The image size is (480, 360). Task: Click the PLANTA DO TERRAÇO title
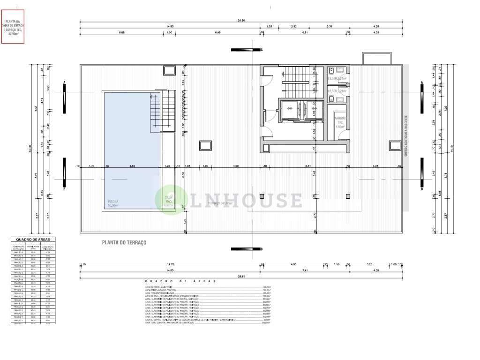pyautogui.click(x=124, y=242)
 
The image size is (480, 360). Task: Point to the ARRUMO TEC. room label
pyautogui.click(x=340, y=122)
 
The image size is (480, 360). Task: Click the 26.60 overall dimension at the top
pyautogui.click(x=241, y=21)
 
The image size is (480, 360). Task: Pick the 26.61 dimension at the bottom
pyautogui.click(x=241, y=276)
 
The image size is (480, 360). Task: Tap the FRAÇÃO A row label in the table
pyautogui.click(x=18, y=253)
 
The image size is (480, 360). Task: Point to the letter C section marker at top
pyautogui.click(x=262, y=50)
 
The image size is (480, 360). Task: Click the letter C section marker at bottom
pyautogui.click(x=262, y=249)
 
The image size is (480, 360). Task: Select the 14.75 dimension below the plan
pyautogui.click(x=170, y=264)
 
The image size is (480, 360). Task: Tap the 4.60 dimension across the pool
pyautogui.click(x=132, y=166)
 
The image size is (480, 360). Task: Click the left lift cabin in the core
pyautogui.click(x=289, y=109)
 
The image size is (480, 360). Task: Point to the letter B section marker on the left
pyautogui.click(x=64, y=189)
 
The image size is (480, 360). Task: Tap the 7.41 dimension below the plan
pyautogui.click(x=305, y=270)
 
